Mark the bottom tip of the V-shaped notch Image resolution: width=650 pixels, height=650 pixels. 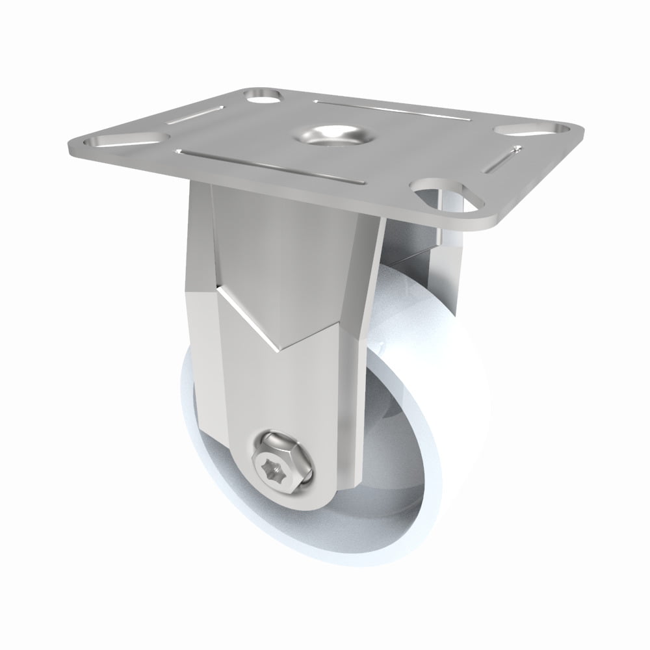coord(278,348)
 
